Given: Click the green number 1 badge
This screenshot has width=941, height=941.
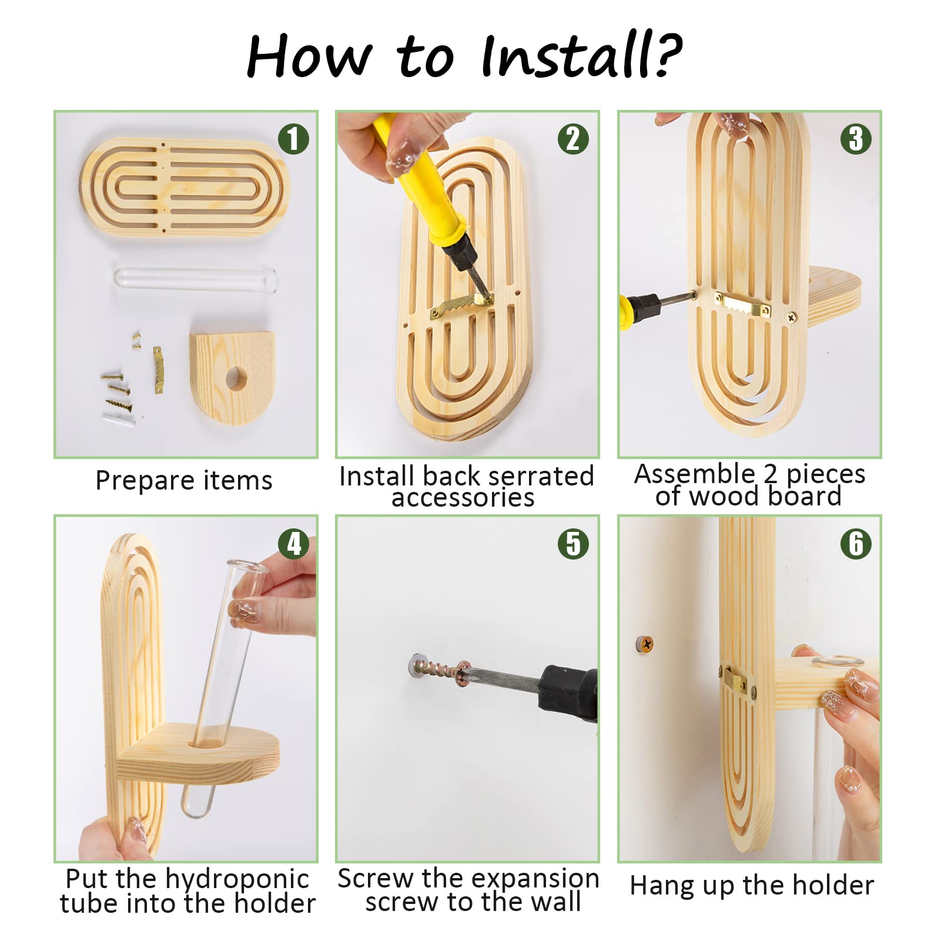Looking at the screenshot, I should [x=293, y=139].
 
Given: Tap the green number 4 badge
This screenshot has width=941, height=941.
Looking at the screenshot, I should [x=293, y=544].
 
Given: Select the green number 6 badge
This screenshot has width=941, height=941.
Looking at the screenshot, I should [x=856, y=544].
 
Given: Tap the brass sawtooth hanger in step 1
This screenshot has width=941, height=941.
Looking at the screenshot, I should [x=158, y=369].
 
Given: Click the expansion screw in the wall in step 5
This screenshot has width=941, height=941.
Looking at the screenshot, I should [x=437, y=669].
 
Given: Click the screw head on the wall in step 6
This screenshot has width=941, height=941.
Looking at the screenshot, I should [x=645, y=644].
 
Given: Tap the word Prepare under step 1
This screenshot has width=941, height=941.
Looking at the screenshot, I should [x=136, y=481].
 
